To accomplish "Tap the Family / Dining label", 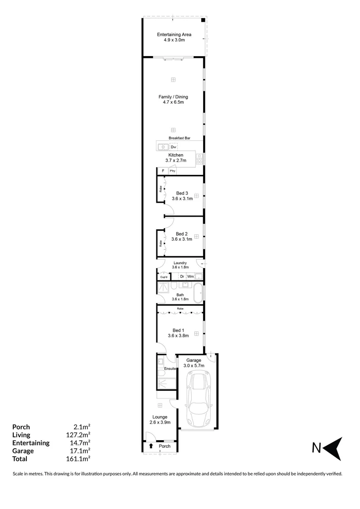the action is [173, 99].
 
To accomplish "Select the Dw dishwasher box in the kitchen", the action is [173, 147].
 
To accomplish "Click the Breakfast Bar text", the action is [180, 138].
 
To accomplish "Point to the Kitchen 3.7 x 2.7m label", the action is [176, 158].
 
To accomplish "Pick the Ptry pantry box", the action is [172, 171].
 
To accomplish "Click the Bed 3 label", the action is [182, 196].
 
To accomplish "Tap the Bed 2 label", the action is [182, 236].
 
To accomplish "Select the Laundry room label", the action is [180, 265].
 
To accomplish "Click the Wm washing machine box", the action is [190, 276].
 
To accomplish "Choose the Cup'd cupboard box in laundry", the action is [164, 277].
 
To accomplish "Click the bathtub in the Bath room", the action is [198, 293].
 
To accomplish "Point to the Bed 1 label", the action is [178, 333].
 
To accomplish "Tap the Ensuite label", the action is [170, 368].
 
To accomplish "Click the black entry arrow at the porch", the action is [151, 446].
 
